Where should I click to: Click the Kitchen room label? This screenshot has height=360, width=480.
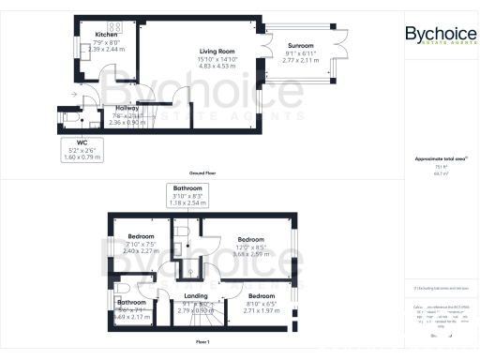click(107, 35)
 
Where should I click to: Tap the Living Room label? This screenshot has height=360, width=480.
click(217, 52)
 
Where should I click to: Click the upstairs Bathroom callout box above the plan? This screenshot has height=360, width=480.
click(186, 195)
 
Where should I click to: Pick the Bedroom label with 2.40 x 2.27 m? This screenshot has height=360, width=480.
click(141, 236)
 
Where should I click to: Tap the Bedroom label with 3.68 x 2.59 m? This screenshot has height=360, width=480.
click(249, 239)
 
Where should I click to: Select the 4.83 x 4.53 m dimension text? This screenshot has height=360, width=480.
click(217, 67)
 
